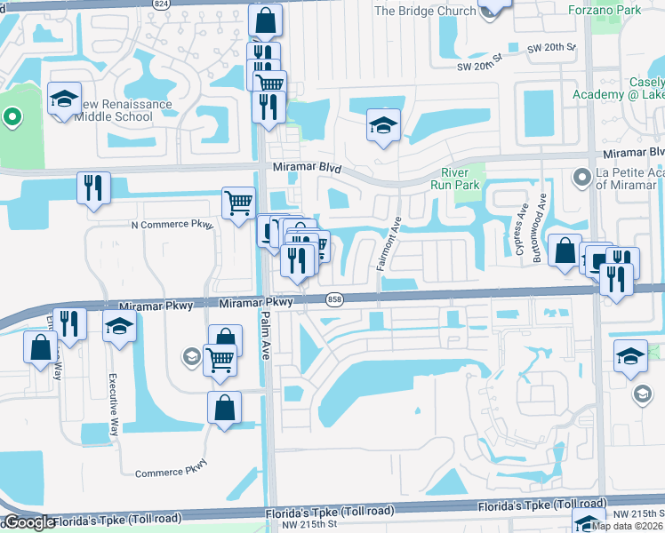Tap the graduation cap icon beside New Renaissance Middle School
click(x=64, y=100)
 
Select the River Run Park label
click(x=461, y=179)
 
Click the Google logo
click(x=28, y=522)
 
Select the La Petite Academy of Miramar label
click(x=625, y=179)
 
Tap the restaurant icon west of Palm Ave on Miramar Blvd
click(x=93, y=188)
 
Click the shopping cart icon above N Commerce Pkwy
click(x=238, y=203)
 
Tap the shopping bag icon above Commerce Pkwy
click(x=225, y=408)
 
